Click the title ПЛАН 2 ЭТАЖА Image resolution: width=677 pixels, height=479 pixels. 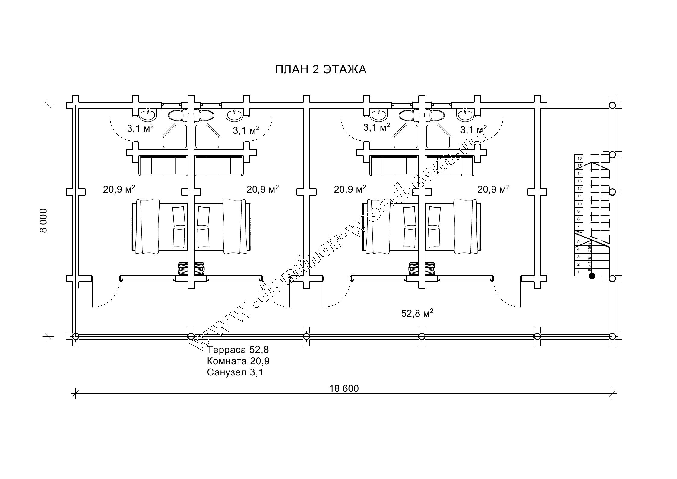tap(321, 70)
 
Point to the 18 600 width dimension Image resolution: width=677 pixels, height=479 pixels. tap(344, 388)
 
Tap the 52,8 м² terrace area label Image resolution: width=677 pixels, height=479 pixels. tap(417, 313)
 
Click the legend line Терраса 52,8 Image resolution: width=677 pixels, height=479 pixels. tap(238, 350)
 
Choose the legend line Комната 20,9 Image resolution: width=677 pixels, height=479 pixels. tap(238, 361)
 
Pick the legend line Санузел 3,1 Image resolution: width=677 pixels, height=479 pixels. tap(235, 372)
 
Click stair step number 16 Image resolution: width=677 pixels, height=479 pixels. tap(579, 158)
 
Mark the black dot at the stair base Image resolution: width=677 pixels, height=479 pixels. tap(592, 276)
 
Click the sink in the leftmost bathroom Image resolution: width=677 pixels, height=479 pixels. tap(148, 115)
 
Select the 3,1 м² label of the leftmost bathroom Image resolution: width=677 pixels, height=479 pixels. tap(141, 128)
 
